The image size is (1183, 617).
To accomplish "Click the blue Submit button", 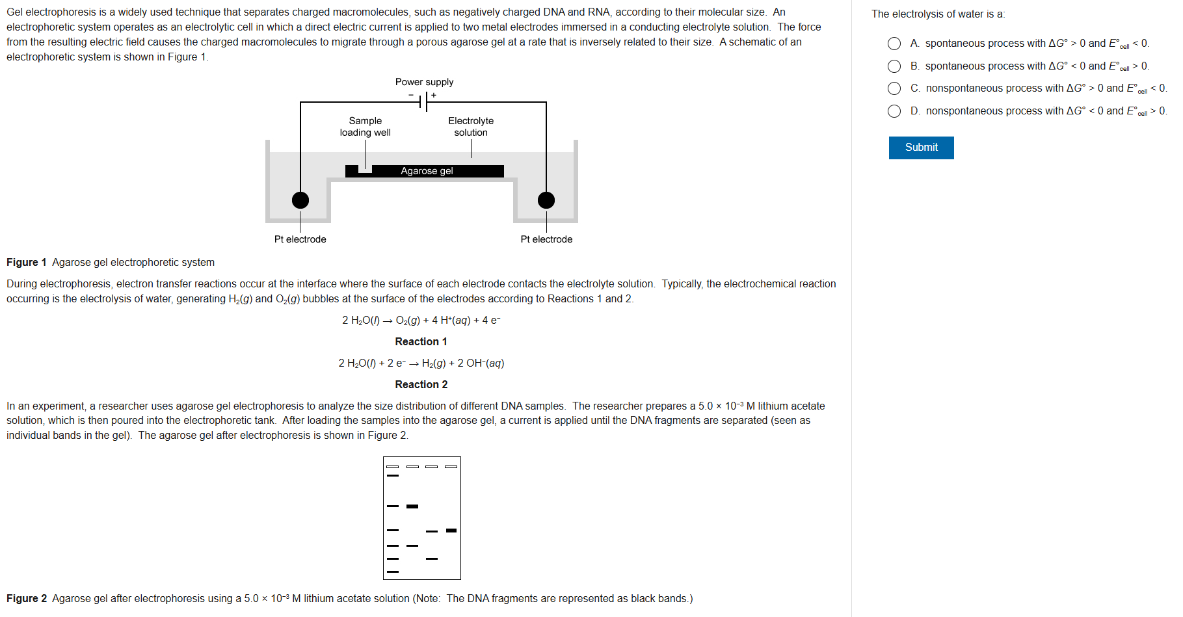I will [921, 148].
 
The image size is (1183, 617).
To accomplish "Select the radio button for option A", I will [894, 44].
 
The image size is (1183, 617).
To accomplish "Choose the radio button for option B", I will [894, 66].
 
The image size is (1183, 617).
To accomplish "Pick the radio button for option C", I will [894, 88].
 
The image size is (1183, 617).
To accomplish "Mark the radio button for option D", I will [894, 111].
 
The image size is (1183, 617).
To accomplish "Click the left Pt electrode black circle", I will [300, 200].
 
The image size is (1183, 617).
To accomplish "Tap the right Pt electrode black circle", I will [546, 200].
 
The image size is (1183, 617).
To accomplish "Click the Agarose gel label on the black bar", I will [427, 171].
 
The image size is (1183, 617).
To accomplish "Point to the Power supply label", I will [424, 82].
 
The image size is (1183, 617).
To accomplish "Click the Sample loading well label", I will [365, 127].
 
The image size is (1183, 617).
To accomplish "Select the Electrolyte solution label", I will [471, 127].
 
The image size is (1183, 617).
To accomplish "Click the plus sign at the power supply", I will [434, 96].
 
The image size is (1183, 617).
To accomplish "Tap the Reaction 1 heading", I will [421, 342].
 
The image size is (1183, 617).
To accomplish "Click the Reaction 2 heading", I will [421, 385].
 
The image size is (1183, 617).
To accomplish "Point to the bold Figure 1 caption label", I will [27, 263].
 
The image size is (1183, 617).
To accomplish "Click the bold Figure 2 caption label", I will [27, 599].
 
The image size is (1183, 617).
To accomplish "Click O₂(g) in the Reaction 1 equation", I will [408, 321].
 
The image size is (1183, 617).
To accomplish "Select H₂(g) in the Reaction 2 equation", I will [434, 363].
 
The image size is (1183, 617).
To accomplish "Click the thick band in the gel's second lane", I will [412, 506].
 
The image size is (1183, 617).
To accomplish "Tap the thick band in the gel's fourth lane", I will [451, 531].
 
